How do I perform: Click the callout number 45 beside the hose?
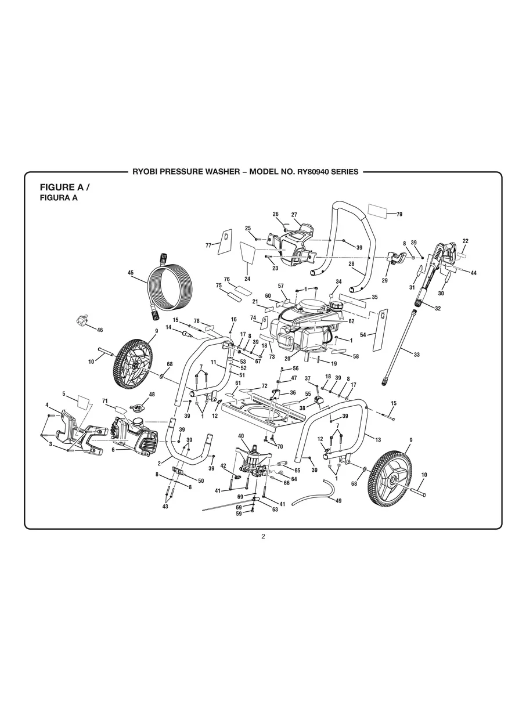pyautogui.click(x=131, y=272)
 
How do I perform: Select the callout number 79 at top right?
pyautogui.click(x=399, y=215)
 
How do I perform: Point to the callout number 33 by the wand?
pyautogui.click(x=416, y=355)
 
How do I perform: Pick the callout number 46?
pyautogui.click(x=100, y=330)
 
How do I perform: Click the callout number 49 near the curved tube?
pyautogui.click(x=338, y=500)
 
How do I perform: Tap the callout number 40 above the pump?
pyautogui.click(x=241, y=435)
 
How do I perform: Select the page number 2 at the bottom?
pyautogui.click(x=263, y=536)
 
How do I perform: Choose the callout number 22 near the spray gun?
pyautogui.click(x=465, y=241)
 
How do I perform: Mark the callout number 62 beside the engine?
pyautogui.click(x=351, y=321)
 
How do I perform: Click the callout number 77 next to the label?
pyautogui.click(x=208, y=245)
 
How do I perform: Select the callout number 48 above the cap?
pyautogui.click(x=152, y=394)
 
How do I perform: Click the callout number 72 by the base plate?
pyautogui.click(x=264, y=386)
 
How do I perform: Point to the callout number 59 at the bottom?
pyautogui.click(x=239, y=514)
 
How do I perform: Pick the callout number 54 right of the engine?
pyautogui.click(x=363, y=335)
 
